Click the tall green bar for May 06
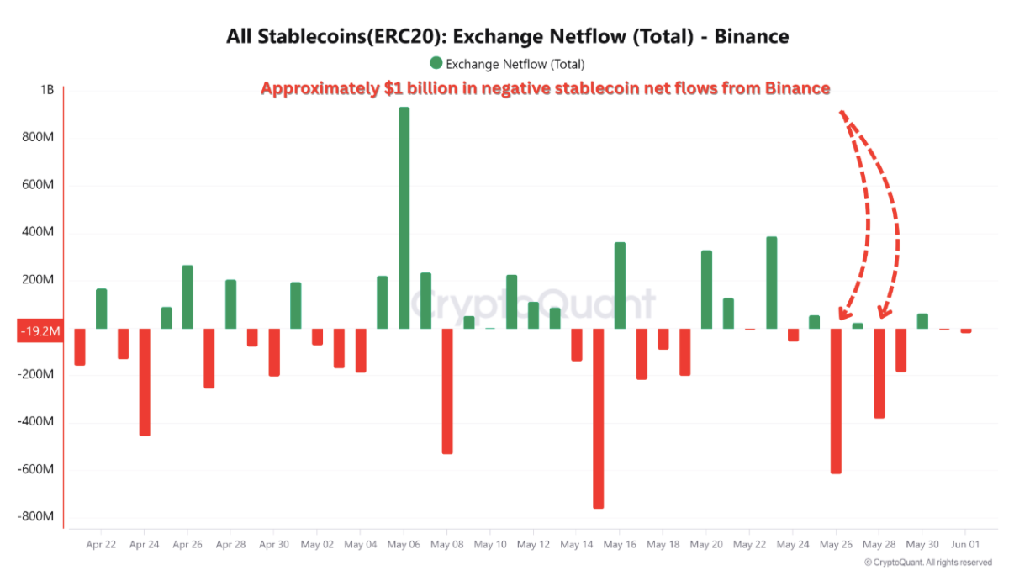404,218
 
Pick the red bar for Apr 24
145,382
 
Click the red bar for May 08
447,391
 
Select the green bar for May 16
620,285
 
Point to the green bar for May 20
706,289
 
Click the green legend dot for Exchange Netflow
436,63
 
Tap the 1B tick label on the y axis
46,90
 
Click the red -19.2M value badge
40,331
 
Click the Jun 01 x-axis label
965,544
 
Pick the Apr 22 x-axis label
101,544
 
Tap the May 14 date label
576,544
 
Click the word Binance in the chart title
751,36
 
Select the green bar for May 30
922,320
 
